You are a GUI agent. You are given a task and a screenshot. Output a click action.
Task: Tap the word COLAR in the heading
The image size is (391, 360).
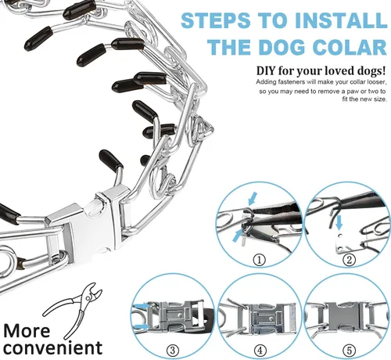coord(350,47)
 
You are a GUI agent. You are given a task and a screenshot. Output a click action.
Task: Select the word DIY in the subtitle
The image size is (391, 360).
coord(266,70)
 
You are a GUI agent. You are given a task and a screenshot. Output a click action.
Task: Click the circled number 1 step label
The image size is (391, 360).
coord(260,260)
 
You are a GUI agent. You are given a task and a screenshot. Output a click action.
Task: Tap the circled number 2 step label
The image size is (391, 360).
coord(349,260)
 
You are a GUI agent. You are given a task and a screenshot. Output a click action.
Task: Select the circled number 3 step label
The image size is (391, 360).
coord(173,350)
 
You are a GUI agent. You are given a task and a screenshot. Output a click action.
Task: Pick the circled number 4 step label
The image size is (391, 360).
coord(260,350)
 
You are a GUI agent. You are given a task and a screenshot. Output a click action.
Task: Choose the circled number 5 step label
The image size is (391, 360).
coord(349,350)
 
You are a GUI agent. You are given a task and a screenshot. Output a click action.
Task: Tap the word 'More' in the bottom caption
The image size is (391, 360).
coord(27,331)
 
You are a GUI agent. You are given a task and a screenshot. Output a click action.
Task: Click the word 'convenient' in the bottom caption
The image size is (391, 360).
coord(52,347)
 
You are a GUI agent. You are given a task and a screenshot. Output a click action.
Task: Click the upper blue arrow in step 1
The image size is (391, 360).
coord(253,199)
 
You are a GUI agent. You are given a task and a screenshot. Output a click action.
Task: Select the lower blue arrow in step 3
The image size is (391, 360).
coord(142,326)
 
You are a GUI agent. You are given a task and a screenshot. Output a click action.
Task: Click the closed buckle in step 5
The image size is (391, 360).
coord(344,317)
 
